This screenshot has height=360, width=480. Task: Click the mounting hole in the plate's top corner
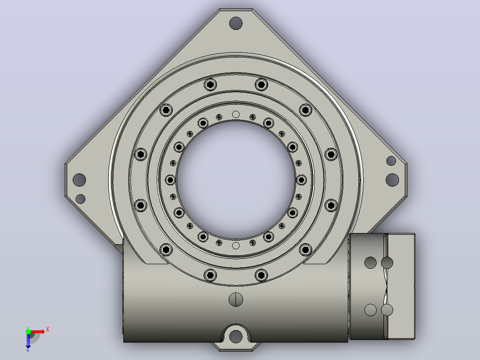coord(236,23)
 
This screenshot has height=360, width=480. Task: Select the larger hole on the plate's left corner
coord(79,180)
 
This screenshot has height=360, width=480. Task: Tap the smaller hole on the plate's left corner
coord(81,199)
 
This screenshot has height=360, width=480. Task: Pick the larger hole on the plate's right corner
coord(392,180)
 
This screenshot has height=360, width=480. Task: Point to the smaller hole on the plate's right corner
coord(391,161)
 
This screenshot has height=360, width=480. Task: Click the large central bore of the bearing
coord(236,180)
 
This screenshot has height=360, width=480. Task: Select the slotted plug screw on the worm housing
coord(236,299)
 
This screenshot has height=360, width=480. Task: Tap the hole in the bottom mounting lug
coord(236,336)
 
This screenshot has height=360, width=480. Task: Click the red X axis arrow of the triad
coord(37,331)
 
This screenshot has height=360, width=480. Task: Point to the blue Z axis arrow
coord(28,341)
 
